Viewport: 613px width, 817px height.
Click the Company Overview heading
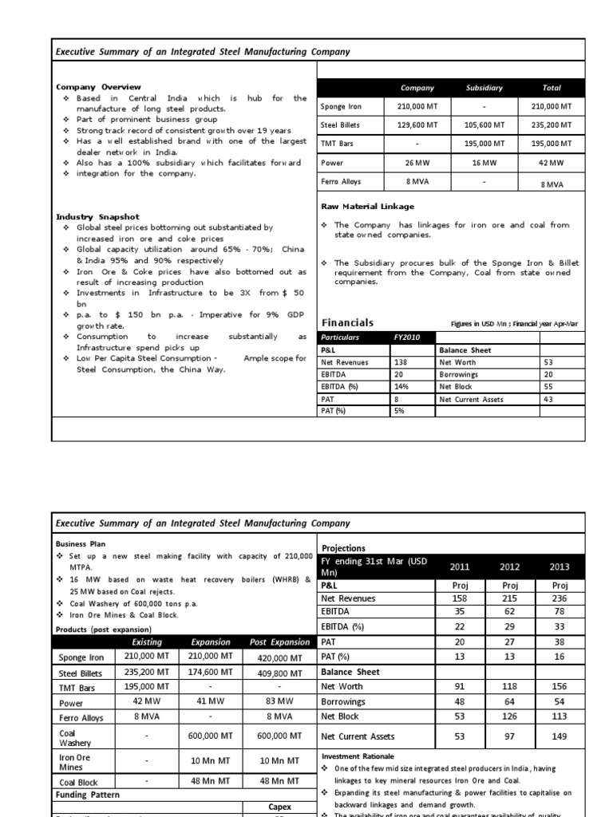98,87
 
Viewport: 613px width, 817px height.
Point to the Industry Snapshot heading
97,217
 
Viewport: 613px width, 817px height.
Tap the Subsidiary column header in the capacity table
484,88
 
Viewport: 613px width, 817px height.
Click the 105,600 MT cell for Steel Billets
484,125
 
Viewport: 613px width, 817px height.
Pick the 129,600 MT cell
417,125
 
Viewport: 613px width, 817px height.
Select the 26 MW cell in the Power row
417,163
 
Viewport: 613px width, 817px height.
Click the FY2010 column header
406,337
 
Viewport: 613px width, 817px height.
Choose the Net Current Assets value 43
548,400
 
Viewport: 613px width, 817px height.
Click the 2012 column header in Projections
509,567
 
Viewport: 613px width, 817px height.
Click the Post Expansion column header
279,642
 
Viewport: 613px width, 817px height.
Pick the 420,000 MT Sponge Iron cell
279,658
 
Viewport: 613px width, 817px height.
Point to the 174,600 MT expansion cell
212,673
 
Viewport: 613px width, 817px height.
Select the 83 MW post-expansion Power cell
279,703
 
